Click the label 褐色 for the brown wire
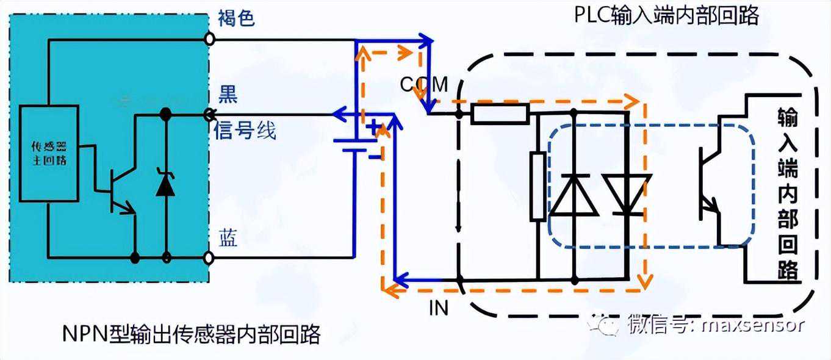tap(236, 18)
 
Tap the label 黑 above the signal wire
tap(228, 95)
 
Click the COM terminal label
tap(424, 84)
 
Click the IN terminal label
tap(438, 308)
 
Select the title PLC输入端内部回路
tap(666, 15)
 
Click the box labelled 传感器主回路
tap(49, 154)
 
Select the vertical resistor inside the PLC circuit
tap(538, 186)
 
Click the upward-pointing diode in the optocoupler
tap(574, 195)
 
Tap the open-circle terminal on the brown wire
tap(209, 40)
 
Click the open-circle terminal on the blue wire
tap(209, 257)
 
